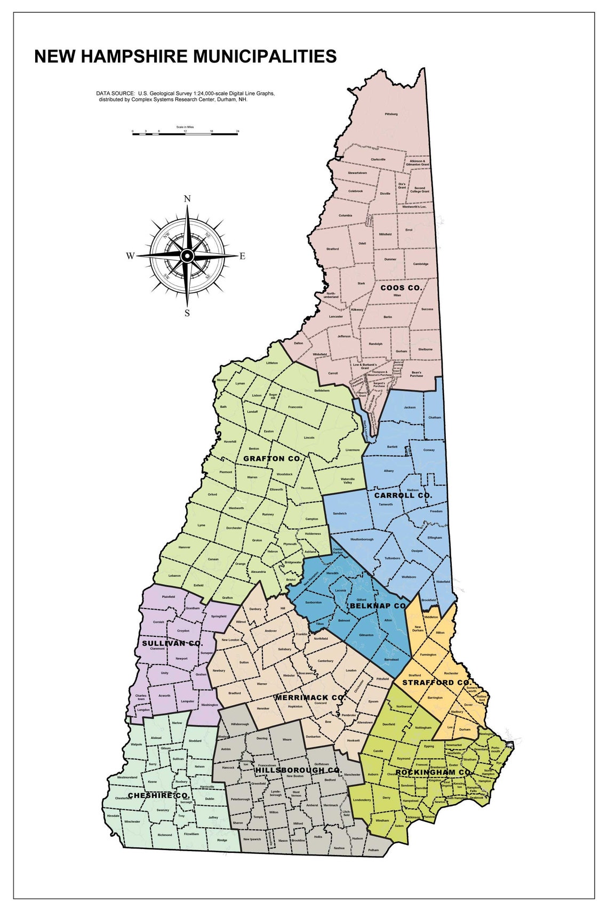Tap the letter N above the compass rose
pyautogui.click(x=187, y=199)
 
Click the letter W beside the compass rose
pyautogui.click(x=130, y=256)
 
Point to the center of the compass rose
pyautogui.click(x=187, y=256)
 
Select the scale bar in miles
pyautogui.click(x=185, y=133)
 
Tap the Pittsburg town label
pyautogui.click(x=391, y=114)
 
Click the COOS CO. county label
pyautogui.click(x=401, y=287)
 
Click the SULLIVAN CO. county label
pyautogui.click(x=172, y=643)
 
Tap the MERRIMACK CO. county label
pyautogui.click(x=310, y=697)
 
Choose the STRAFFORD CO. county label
pyautogui.click(x=436, y=683)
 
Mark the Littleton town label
pyautogui.click(x=272, y=363)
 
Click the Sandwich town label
pyautogui.click(x=340, y=514)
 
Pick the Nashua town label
pyautogui.click(x=339, y=848)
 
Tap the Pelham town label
pyautogui.click(x=373, y=850)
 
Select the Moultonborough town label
pyautogui.click(x=362, y=539)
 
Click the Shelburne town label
pyautogui.click(x=425, y=349)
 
